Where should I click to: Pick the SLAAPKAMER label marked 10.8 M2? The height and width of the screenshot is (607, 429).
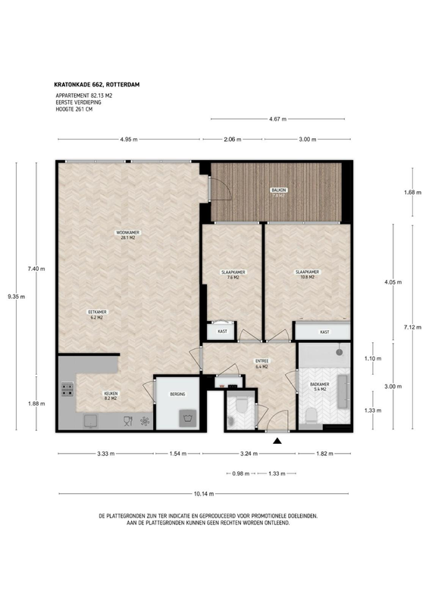tap(306, 275)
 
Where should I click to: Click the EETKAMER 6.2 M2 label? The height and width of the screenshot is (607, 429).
tap(98, 314)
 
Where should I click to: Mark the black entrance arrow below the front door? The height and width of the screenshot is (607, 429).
tap(277, 441)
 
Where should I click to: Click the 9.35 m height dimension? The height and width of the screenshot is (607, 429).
tap(16, 297)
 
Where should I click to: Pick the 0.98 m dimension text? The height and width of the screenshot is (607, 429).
tap(240, 473)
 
